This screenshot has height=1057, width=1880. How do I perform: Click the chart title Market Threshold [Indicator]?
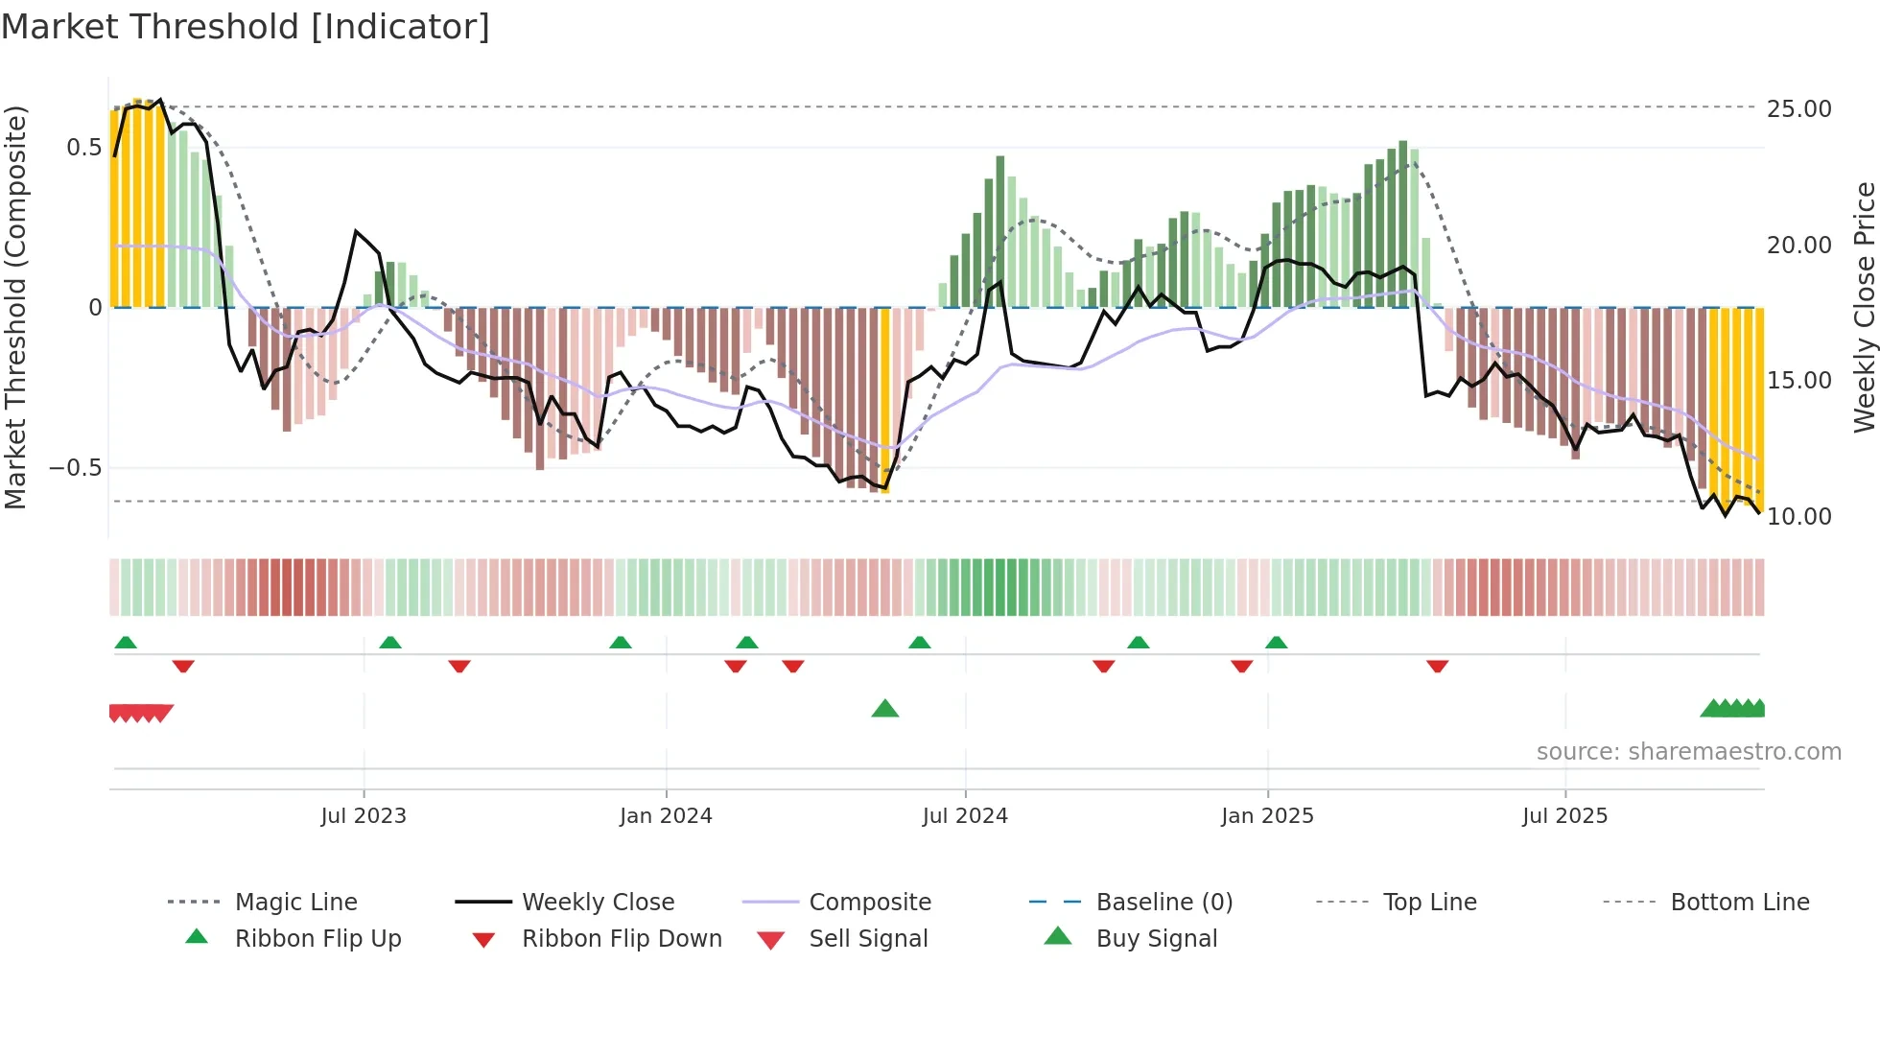(246, 27)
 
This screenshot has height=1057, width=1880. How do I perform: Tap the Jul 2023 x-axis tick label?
(364, 816)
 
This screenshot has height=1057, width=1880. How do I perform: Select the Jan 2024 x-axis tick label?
(666, 816)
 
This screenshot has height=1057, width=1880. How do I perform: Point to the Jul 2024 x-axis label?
(965, 816)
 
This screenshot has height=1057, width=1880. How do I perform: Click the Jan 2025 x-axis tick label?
(1267, 816)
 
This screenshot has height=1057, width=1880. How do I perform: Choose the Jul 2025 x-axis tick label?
(1564, 816)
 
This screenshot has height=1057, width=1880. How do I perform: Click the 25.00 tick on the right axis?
(1798, 108)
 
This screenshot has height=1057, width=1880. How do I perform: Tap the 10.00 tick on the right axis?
(1798, 517)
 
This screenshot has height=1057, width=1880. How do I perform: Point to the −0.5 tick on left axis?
(75, 468)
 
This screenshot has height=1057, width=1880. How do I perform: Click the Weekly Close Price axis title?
(1864, 307)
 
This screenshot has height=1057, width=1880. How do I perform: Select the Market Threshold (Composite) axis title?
(15, 307)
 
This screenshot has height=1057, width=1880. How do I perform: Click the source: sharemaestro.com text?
(1688, 752)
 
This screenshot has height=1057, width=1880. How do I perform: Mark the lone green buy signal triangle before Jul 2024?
(884, 710)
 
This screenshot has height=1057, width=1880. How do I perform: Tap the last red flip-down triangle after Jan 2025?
(1437, 666)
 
